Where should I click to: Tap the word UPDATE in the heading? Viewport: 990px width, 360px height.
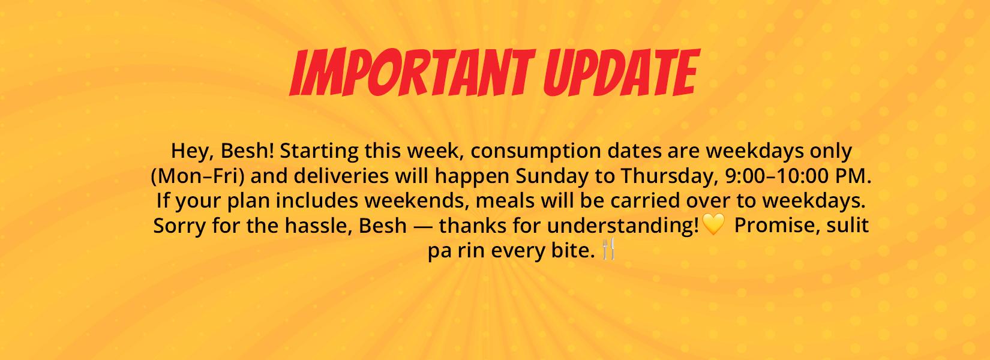[622, 73]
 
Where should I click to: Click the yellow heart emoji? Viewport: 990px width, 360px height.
[713, 224]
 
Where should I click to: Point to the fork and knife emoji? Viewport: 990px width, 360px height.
[608, 248]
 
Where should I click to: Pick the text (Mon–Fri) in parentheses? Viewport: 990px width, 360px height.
[198, 176]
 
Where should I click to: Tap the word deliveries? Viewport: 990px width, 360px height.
[341, 176]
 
